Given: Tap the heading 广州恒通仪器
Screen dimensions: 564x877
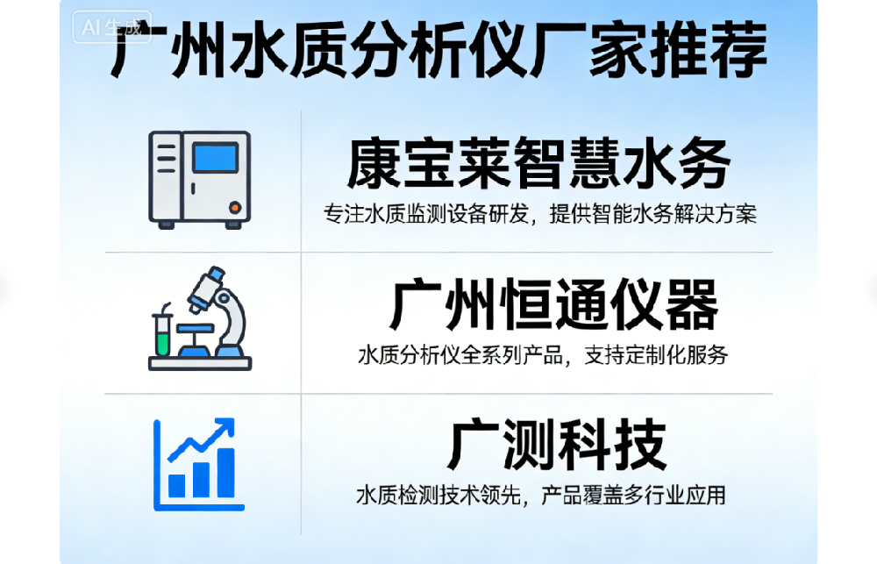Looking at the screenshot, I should click(553, 305).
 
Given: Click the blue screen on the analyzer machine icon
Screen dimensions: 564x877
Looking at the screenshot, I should click(215, 159).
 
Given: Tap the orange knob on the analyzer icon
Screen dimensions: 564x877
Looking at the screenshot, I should click(234, 208).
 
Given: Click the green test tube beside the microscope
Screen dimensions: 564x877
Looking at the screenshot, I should click(160, 333).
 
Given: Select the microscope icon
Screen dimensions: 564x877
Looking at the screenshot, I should click(215, 311).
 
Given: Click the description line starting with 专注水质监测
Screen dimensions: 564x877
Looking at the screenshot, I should click(539, 214).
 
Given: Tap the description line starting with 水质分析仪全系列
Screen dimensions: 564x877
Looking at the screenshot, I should click(543, 355).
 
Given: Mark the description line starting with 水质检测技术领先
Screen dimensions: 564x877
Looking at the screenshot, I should click(541, 496).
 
